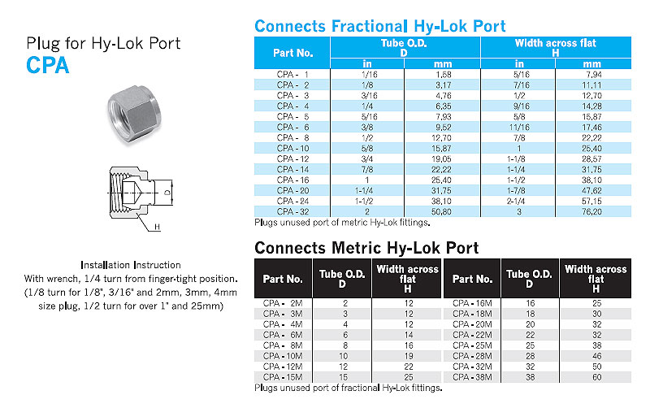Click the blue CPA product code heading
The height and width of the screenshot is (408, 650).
coord(48,65)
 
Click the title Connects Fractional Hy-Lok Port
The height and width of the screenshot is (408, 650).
coord(379,26)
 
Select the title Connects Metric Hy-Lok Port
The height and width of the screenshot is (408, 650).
coord(366,247)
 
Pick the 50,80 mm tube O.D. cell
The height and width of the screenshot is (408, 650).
coord(442,211)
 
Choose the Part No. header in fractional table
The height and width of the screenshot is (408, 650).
coord(292,53)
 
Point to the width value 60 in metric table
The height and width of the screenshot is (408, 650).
coord(596,376)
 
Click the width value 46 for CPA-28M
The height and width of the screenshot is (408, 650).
coord(596,355)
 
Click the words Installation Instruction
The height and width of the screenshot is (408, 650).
coord(131,266)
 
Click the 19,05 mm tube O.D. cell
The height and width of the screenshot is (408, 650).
coord(442,158)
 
